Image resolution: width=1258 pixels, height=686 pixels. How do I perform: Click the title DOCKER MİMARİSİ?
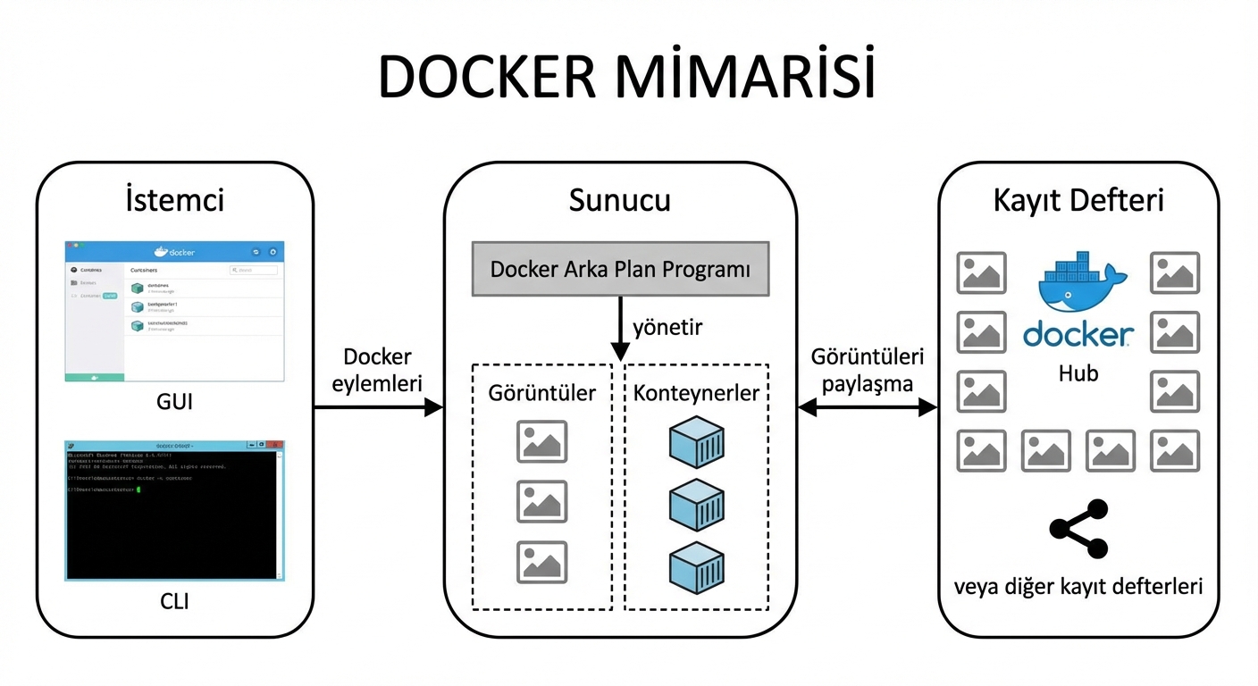(x=627, y=78)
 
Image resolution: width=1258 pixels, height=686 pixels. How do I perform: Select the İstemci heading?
(x=174, y=200)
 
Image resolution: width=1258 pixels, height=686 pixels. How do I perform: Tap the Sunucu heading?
(x=619, y=200)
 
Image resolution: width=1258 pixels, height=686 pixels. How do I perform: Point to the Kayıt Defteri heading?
(x=1078, y=200)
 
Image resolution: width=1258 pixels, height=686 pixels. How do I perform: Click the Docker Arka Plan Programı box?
(x=620, y=269)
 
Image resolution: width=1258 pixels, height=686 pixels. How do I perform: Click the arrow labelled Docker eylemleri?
(x=377, y=407)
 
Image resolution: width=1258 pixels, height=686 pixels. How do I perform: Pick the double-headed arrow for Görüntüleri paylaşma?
(x=867, y=407)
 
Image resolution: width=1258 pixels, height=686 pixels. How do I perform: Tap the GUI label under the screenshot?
(x=174, y=402)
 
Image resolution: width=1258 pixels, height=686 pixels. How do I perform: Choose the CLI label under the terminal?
(x=174, y=601)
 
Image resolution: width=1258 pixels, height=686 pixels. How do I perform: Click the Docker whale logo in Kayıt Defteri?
(x=1078, y=281)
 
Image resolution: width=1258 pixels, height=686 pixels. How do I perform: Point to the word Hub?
(x=1078, y=373)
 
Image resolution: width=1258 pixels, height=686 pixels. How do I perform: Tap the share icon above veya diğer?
(x=1078, y=530)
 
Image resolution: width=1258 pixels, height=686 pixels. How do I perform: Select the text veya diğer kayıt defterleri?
(x=1078, y=587)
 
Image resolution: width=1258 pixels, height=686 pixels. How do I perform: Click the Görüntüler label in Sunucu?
(x=541, y=393)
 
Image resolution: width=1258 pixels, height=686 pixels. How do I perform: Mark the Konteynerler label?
(x=696, y=393)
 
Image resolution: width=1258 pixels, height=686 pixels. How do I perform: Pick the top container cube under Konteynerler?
(x=696, y=442)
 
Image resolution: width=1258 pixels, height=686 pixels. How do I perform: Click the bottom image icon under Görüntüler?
(x=541, y=562)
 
